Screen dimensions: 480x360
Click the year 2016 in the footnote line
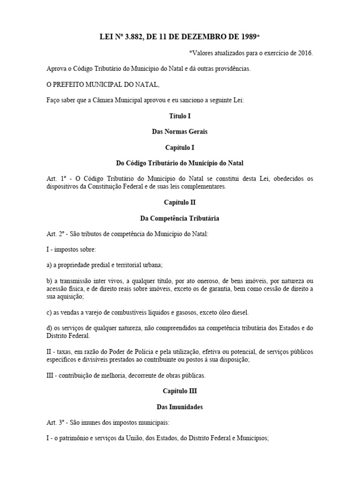pyautogui.click(x=304, y=52)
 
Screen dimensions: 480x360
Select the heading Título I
pyautogui.click(x=180, y=115)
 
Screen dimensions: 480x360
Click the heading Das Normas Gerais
pyautogui.click(x=180, y=131)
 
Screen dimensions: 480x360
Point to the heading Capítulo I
pyautogui.click(x=180, y=147)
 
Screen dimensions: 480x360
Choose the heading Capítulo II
pyautogui.click(x=180, y=202)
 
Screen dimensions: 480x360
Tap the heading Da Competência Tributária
pyautogui.click(x=180, y=218)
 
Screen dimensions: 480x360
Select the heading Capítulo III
pyautogui.click(x=180, y=391)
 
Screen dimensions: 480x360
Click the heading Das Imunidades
pyautogui.click(x=180, y=407)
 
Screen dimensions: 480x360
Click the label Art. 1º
pyautogui.click(x=55, y=179)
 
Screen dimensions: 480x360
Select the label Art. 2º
pyautogui.click(x=55, y=234)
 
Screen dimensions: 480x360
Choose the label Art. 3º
pyautogui.click(x=55, y=423)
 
